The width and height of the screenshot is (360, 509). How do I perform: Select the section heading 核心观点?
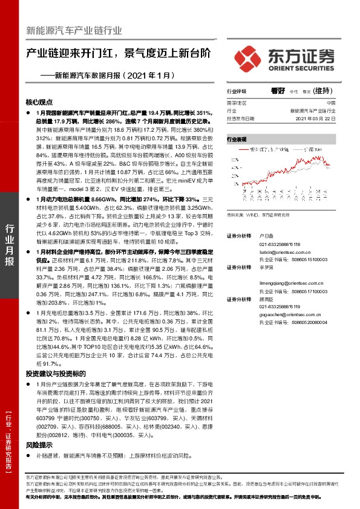(x=39, y=102)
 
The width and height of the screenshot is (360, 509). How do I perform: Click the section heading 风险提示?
(x=39, y=444)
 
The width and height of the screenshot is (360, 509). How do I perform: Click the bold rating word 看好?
(x=278, y=91)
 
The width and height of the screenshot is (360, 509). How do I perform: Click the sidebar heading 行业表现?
(x=237, y=138)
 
